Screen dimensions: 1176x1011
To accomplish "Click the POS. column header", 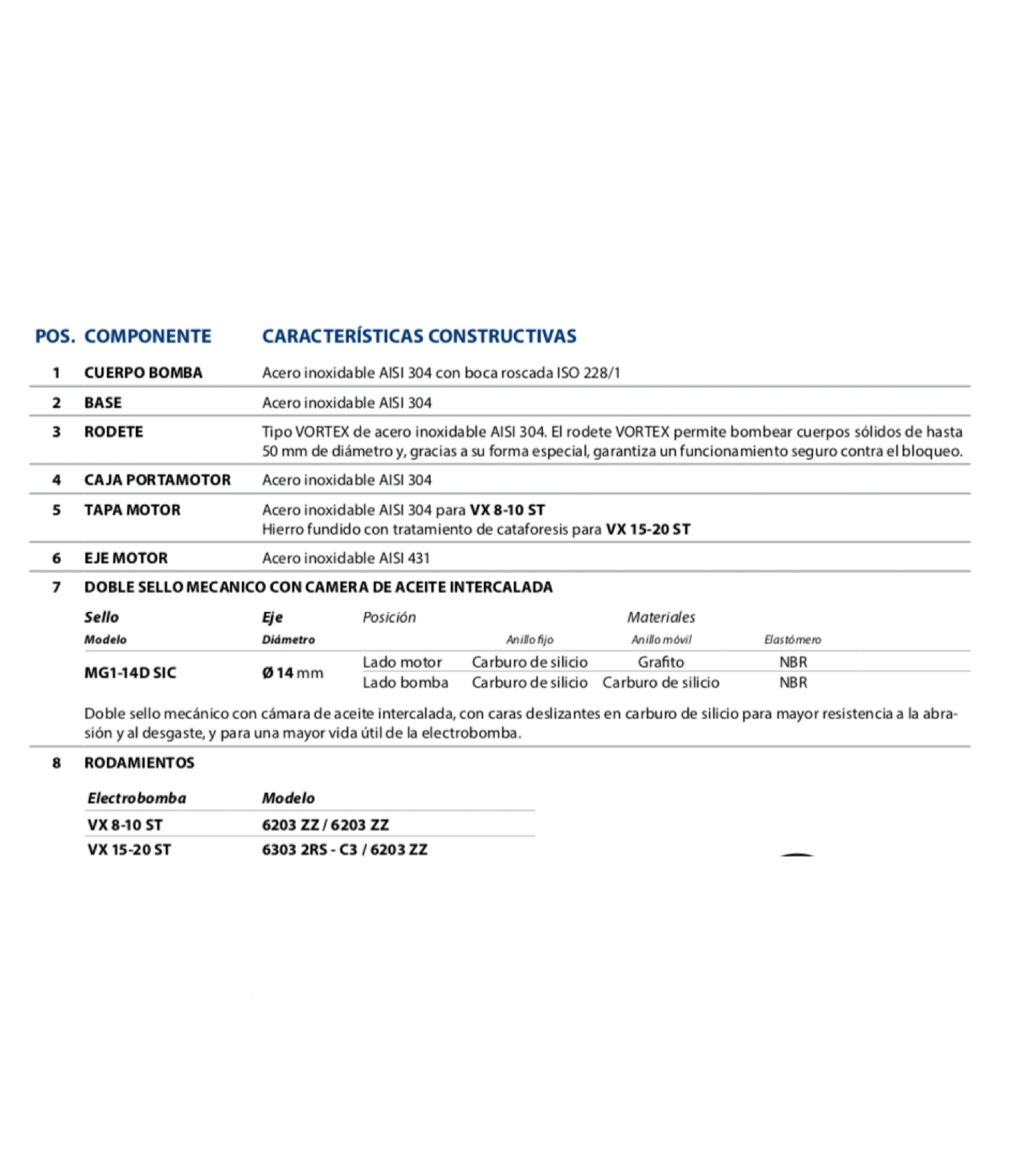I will pos(55,336).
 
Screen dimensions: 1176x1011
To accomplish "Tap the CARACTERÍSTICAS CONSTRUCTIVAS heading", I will pos(419,336).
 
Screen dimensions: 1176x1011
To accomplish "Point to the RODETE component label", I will pos(113,432).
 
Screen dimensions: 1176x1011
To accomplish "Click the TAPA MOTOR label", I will pos(132,509).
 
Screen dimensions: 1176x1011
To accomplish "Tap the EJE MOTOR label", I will pos(126,558).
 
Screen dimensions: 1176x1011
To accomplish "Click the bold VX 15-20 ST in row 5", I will pos(648,530).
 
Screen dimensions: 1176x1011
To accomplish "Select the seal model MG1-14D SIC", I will pos(130,673).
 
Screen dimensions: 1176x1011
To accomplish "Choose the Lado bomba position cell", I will pos(405,682).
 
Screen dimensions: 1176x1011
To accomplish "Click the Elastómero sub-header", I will pos(792,639).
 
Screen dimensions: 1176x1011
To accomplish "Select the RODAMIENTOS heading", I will pos(139,763).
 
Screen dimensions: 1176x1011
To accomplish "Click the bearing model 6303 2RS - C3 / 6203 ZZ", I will pos(344,850).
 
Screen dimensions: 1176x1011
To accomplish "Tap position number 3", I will pos(56,432).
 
